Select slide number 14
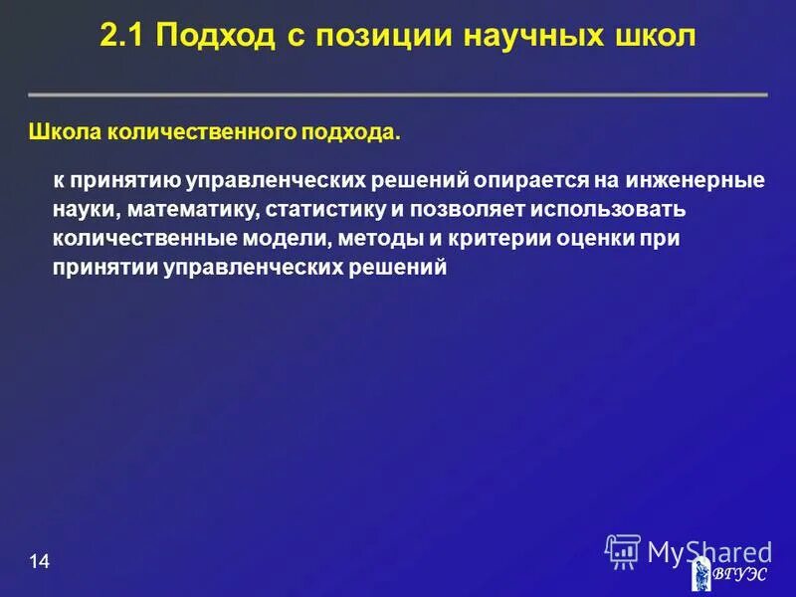click(x=39, y=563)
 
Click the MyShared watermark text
click(x=708, y=551)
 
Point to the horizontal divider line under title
click(x=398, y=95)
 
